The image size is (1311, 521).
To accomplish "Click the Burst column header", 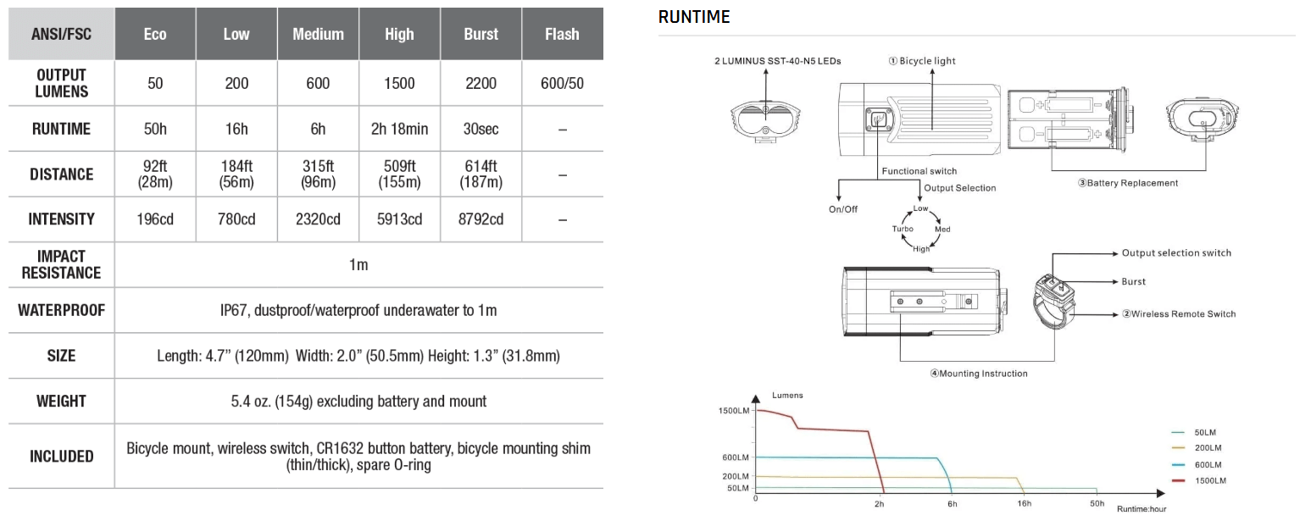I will pos(481,35).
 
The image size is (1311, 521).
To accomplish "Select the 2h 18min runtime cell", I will pos(399,129).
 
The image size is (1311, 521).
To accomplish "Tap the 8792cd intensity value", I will pos(481,219).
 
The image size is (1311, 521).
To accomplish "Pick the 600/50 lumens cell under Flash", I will pos(562,83).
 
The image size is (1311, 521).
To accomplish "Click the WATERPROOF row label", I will pos(61,310).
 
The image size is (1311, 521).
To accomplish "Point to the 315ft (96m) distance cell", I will pos(318,175).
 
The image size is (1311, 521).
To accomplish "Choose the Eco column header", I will pos(155,35).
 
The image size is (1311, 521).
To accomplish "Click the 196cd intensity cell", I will pos(155,219).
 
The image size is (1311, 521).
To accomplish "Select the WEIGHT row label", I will pos(61,401).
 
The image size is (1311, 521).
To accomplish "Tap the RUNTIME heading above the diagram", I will pos(693,17).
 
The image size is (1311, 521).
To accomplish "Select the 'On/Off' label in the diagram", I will pos(843,209).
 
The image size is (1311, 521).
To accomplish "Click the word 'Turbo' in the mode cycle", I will pos(902,230).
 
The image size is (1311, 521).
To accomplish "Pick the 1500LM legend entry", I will pos(1208,481).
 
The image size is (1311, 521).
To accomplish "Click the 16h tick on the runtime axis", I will pos(1024,504).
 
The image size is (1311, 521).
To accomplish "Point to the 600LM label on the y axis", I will pos(736,457).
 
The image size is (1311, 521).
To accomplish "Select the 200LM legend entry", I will pos(1208,448).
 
